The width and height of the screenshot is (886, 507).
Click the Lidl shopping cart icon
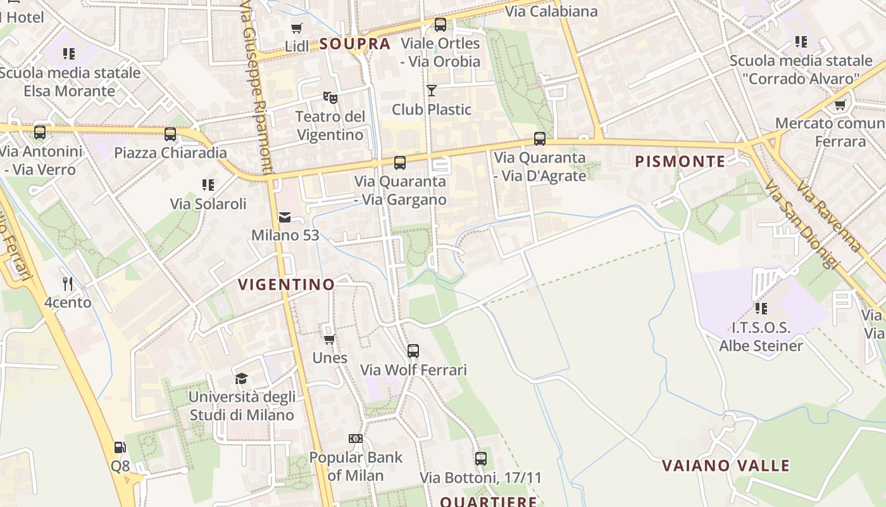[x=296, y=28]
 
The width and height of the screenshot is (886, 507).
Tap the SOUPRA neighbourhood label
[x=355, y=44]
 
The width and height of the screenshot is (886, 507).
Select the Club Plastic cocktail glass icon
[x=432, y=91]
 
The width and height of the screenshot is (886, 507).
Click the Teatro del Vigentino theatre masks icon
[x=330, y=98]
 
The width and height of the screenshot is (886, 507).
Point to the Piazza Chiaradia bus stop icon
[x=170, y=134]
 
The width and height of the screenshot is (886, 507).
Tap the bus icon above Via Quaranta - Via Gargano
[x=400, y=163]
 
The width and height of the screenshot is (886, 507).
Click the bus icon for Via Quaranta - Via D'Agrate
[x=540, y=139]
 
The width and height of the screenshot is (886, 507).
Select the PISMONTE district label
[x=680, y=162]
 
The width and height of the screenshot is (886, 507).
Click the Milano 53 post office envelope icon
[x=285, y=217]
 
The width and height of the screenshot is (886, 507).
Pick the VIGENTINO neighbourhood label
[x=287, y=285]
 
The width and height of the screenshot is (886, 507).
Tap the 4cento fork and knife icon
[x=68, y=283]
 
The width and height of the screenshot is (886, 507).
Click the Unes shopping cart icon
[x=329, y=339]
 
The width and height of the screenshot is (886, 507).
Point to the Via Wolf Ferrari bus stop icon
[x=413, y=350]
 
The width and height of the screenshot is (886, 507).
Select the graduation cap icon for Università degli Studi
[x=241, y=379]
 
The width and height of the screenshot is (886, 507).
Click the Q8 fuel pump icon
[x=120, y=447]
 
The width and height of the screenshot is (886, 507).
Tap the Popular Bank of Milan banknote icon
[x=356, y=439]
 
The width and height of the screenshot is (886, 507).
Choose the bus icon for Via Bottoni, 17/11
[x=481, y=458]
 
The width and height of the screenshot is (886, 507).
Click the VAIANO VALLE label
[x=726, y=466]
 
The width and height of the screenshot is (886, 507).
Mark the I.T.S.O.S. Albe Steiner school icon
[x=761, y=309]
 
